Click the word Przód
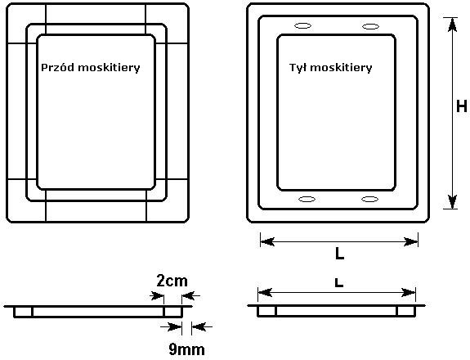click(57, 67)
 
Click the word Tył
click(298, 67)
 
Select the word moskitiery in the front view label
click(109, 68)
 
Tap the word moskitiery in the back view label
click(341, 68)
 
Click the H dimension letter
click(462, 106)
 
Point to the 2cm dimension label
click(172, 281)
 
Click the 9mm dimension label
click(186, 349)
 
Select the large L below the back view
click(339, 254)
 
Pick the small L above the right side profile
click(338, 282)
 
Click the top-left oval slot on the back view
click(302, 26)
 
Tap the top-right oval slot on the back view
click(370, 26)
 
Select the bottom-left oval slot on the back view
click(307, 199)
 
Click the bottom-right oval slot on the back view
click(370, 199)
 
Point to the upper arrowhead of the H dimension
click(452, 25)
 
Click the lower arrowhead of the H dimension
click(452, 201)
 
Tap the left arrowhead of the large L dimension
click(267, 241)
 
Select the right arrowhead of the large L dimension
click(410, 241)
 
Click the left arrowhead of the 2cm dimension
click(157, 296)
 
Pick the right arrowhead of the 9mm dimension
click(199, 326)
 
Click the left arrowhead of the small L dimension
click(265, 293)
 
